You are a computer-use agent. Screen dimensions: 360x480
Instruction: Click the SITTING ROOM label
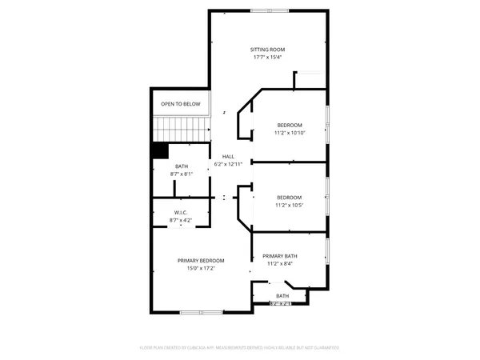coord(269,49)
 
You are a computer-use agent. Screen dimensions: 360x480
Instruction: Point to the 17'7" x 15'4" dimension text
coord(269,57)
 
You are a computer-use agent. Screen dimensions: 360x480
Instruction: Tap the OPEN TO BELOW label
coord(180,104)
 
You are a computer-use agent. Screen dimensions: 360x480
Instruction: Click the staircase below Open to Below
coord(180,127)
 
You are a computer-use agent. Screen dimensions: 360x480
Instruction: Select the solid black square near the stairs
coord(160,150)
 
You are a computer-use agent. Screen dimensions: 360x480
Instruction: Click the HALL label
coord(228,156)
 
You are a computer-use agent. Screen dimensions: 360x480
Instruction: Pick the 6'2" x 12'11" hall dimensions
coord(228,164)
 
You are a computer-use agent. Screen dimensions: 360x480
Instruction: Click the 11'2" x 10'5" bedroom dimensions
coord(290,205)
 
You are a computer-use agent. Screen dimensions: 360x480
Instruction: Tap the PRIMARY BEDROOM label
coord(201,260)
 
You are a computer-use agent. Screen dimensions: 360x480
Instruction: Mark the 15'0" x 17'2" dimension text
coord(201,268)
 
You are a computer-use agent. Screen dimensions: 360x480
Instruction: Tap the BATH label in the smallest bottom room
coord(282,296)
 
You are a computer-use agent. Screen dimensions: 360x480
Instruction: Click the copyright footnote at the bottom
coord(240,348)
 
